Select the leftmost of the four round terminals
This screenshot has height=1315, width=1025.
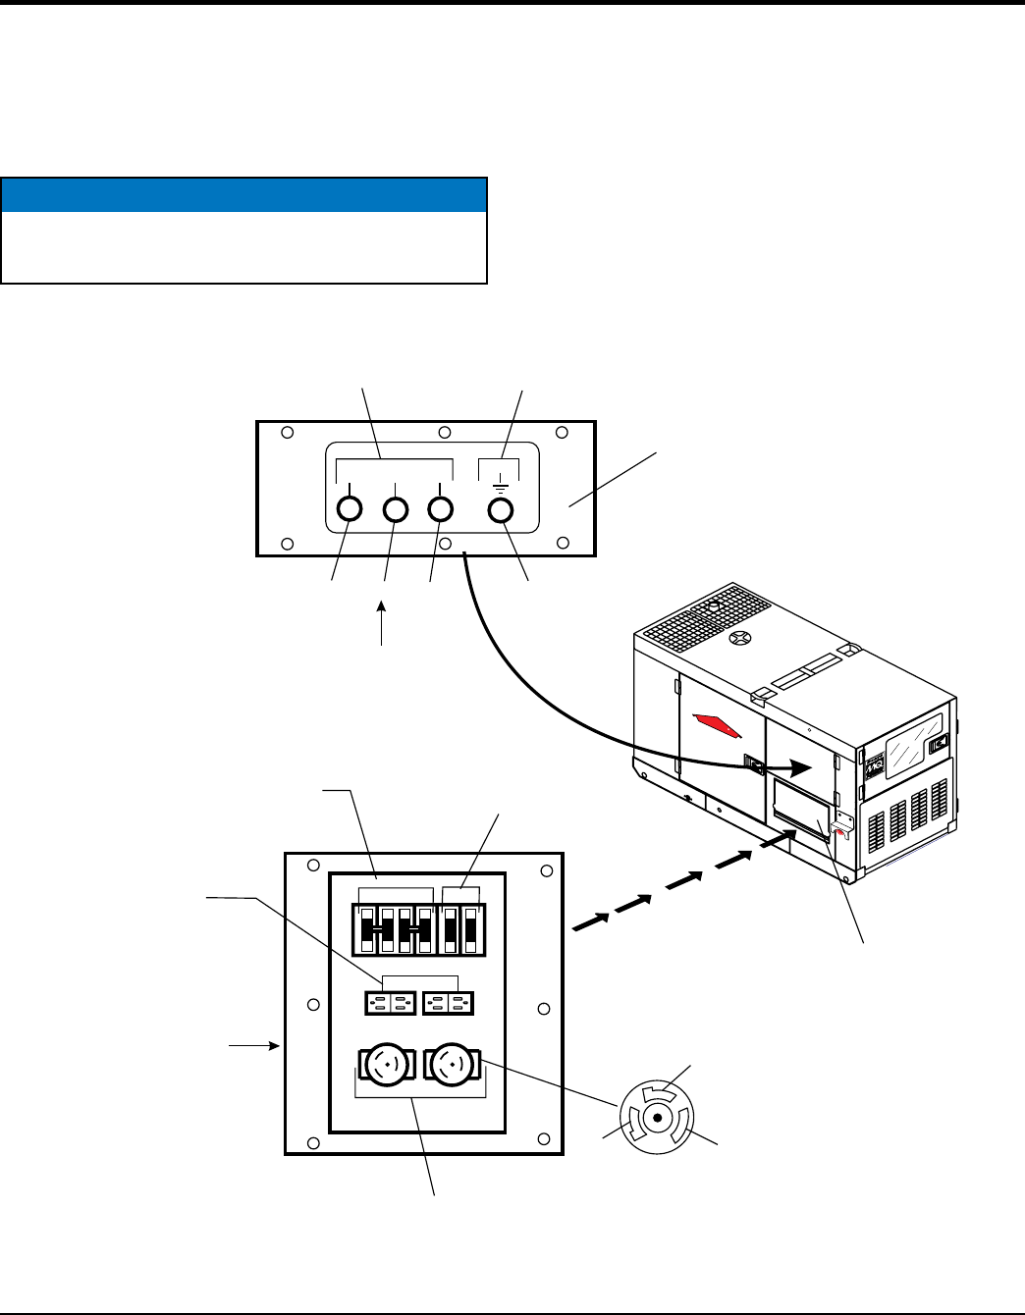coord(349,509)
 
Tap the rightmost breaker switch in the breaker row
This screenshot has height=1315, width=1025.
coord(471,928)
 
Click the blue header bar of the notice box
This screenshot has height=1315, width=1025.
coord(244,194)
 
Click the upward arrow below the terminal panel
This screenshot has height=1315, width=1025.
coord(383,622)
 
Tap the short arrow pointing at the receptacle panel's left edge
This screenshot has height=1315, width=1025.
coord(254,1046)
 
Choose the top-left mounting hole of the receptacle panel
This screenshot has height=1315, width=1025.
coord(312,866)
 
